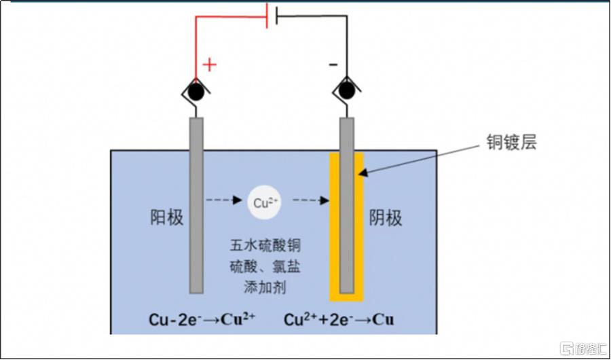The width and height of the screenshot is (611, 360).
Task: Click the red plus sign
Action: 209,65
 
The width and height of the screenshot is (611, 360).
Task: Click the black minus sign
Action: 333,65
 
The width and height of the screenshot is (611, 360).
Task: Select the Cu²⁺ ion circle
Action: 265,202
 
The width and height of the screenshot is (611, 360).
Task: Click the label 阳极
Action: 167,219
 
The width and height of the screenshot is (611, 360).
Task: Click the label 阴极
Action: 386,219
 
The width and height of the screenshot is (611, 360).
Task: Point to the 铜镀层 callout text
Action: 511,143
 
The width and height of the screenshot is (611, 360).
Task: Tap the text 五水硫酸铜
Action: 265,247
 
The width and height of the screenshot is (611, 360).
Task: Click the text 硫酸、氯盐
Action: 265,268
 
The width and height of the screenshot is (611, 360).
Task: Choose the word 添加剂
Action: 265,288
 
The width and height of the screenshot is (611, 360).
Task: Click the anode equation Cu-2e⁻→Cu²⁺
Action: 202,321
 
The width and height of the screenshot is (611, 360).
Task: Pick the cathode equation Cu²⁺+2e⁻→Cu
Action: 339,321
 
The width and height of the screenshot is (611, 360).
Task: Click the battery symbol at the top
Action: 272,16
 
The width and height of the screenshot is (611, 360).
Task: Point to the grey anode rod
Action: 196,205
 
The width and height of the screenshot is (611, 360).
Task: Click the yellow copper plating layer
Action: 346,227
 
